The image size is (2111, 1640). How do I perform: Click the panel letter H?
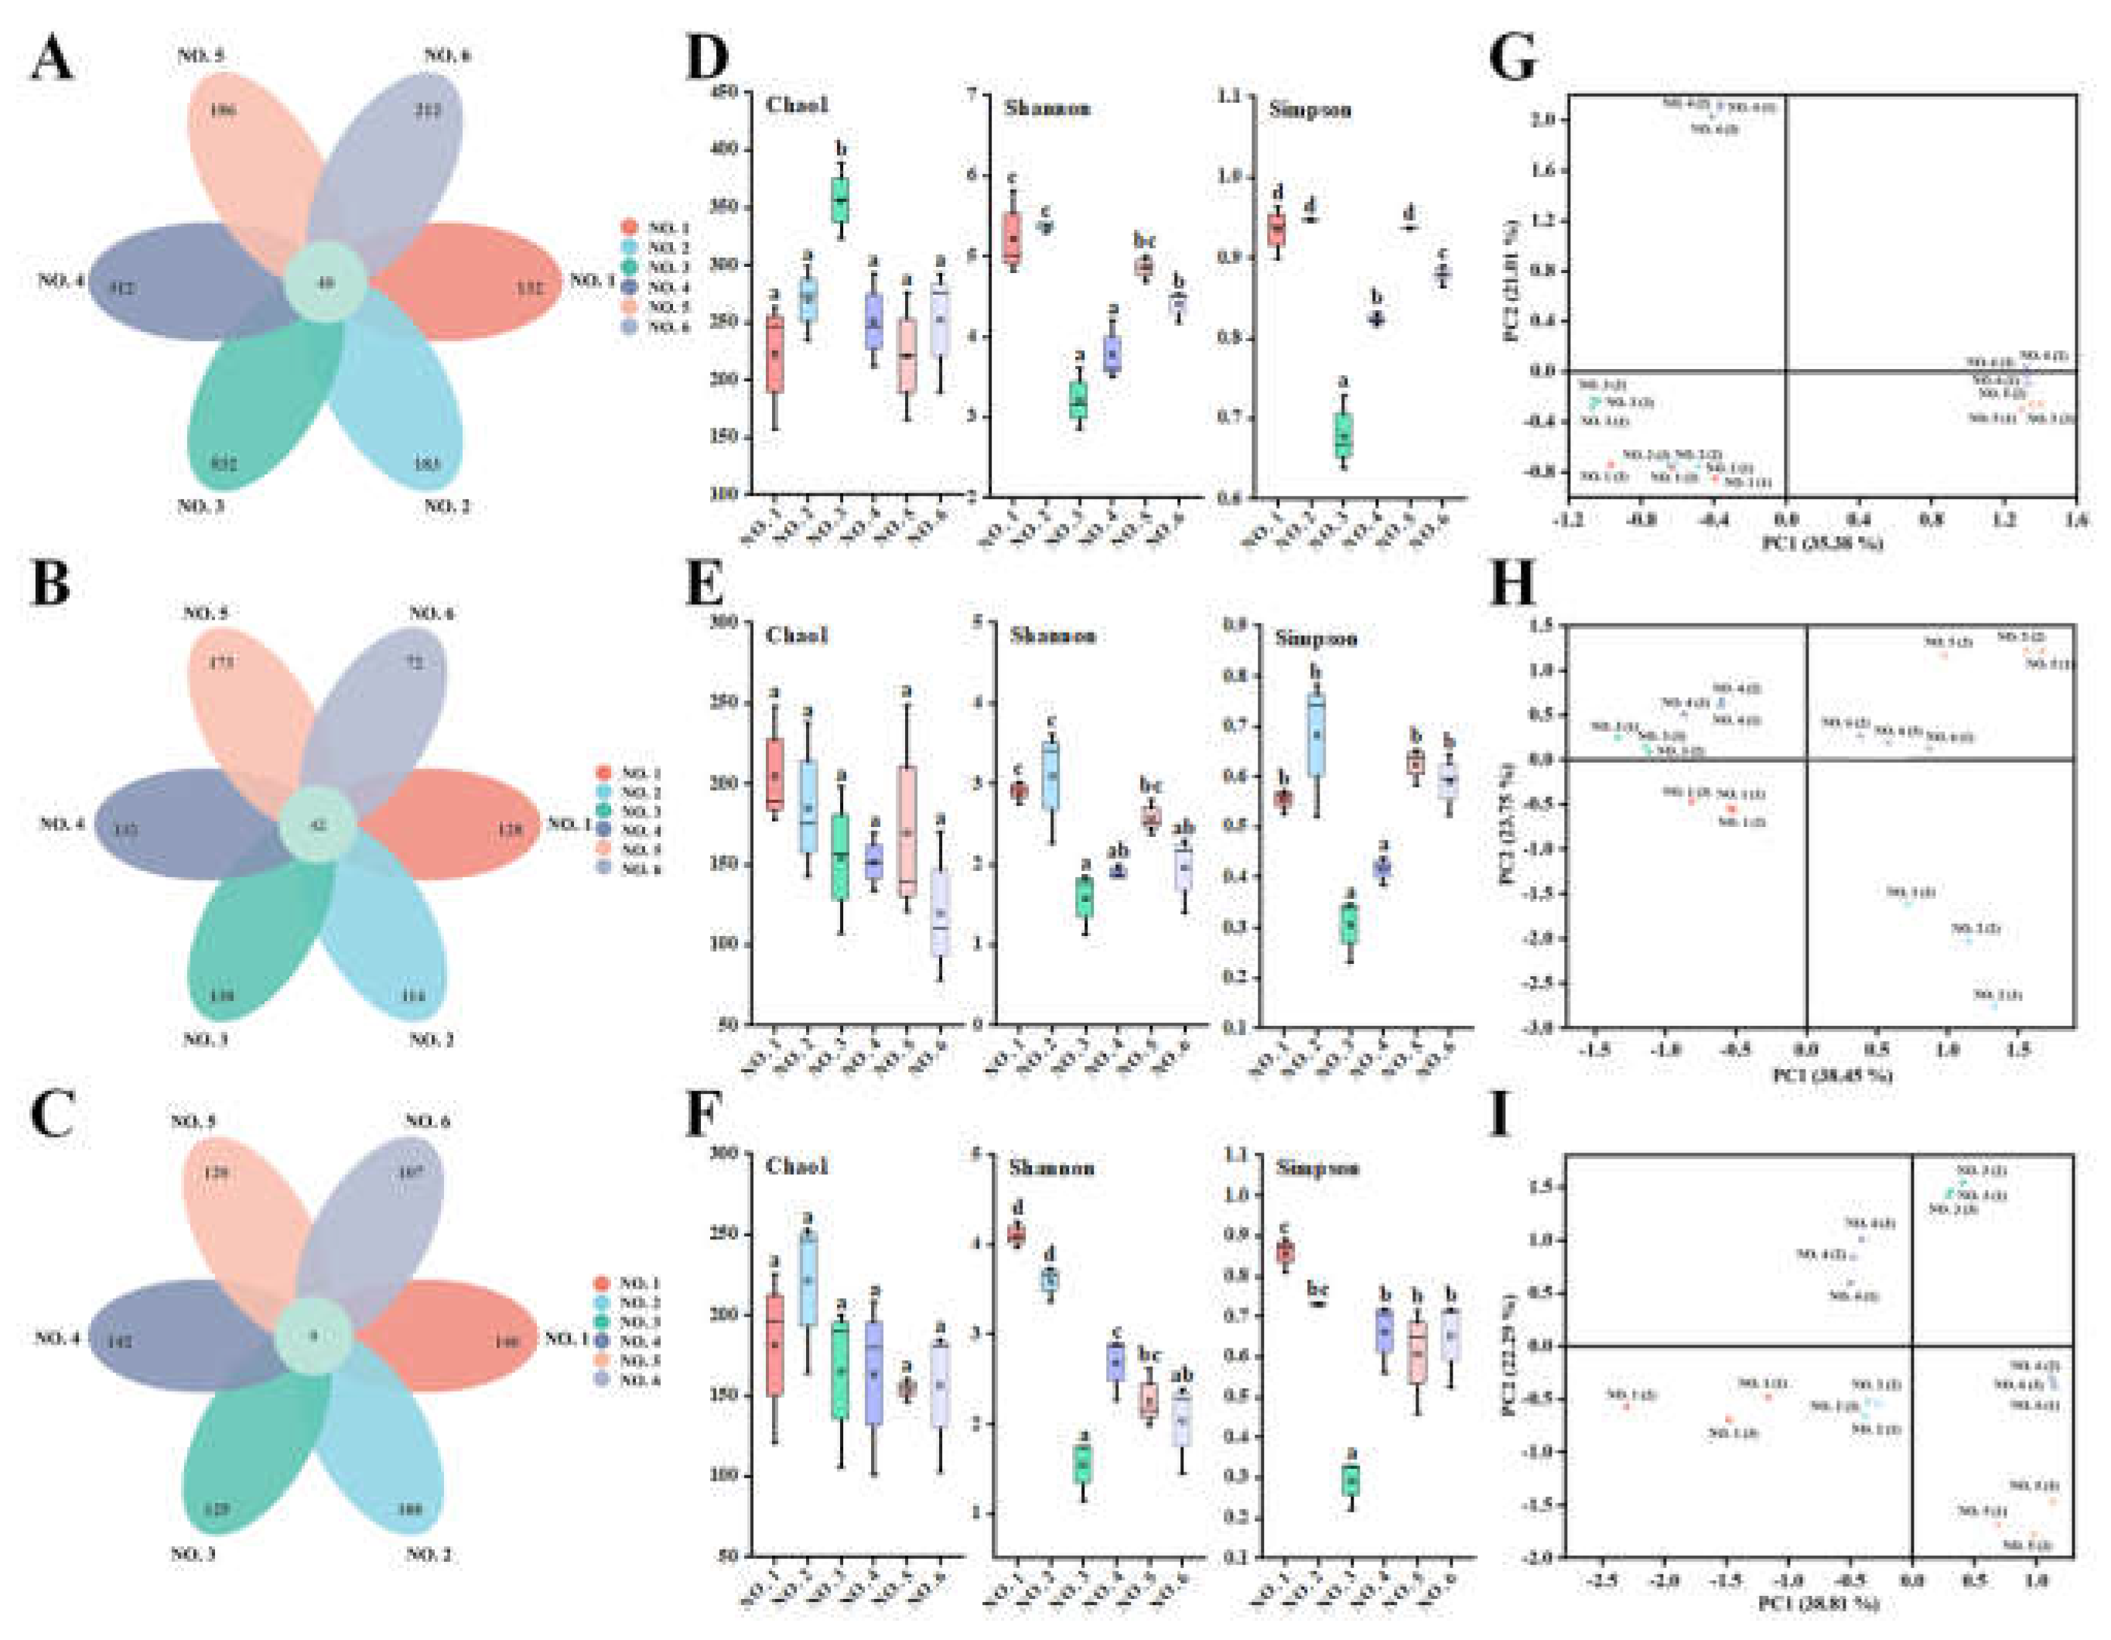point(1514,583)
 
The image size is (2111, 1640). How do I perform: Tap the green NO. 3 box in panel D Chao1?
point(840,200)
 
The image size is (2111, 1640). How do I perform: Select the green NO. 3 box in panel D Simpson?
point(1344,434)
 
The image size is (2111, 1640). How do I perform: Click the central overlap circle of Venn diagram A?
point(326,283)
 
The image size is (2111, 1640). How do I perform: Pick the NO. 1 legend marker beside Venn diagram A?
point(629,227)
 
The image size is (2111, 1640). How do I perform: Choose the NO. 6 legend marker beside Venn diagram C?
point(601,1379)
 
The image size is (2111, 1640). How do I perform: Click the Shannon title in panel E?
point(1053,636)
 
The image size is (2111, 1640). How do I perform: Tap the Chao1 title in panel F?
point(797,1167)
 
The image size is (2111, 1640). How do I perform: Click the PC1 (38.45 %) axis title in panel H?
point(1832,1075)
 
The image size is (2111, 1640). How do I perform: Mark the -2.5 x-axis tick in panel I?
point(1601,1577)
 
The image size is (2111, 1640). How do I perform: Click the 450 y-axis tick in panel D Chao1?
point(724,93)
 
